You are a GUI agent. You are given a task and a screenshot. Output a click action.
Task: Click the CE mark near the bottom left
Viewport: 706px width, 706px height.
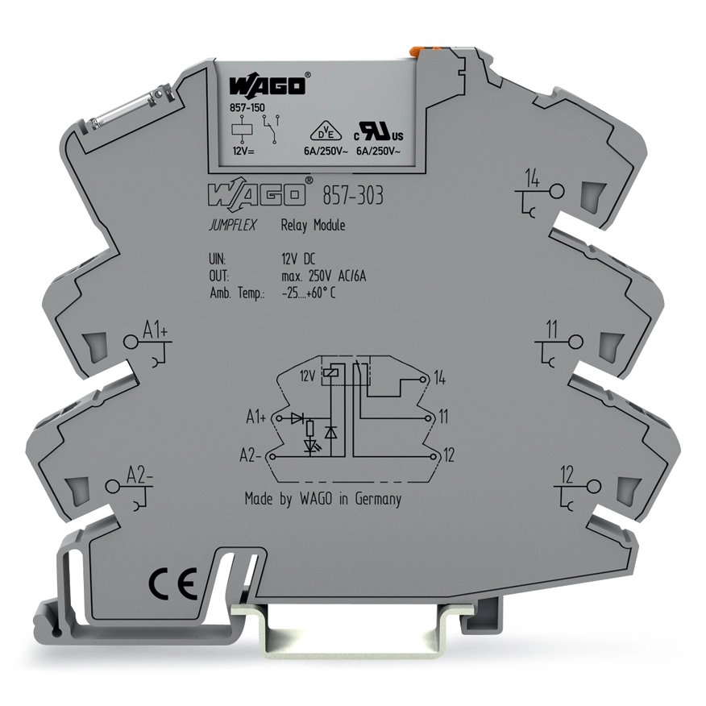point(173,583)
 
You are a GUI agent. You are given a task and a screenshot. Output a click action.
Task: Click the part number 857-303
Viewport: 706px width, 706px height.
point(353,196)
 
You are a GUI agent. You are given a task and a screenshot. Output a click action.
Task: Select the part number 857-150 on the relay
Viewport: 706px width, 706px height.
point(247,108)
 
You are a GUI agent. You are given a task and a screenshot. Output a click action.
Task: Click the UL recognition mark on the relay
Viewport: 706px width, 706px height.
point(378,131)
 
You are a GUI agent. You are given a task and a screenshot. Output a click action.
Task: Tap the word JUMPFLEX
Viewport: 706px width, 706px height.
point(232,225)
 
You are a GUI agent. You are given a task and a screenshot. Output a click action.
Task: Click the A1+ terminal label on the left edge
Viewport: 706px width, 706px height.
point(156,331)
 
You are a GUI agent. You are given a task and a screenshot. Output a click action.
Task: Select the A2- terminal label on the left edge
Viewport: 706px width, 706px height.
point(140,476)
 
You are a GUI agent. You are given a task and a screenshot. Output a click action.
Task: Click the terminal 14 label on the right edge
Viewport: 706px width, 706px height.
point(532,180)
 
